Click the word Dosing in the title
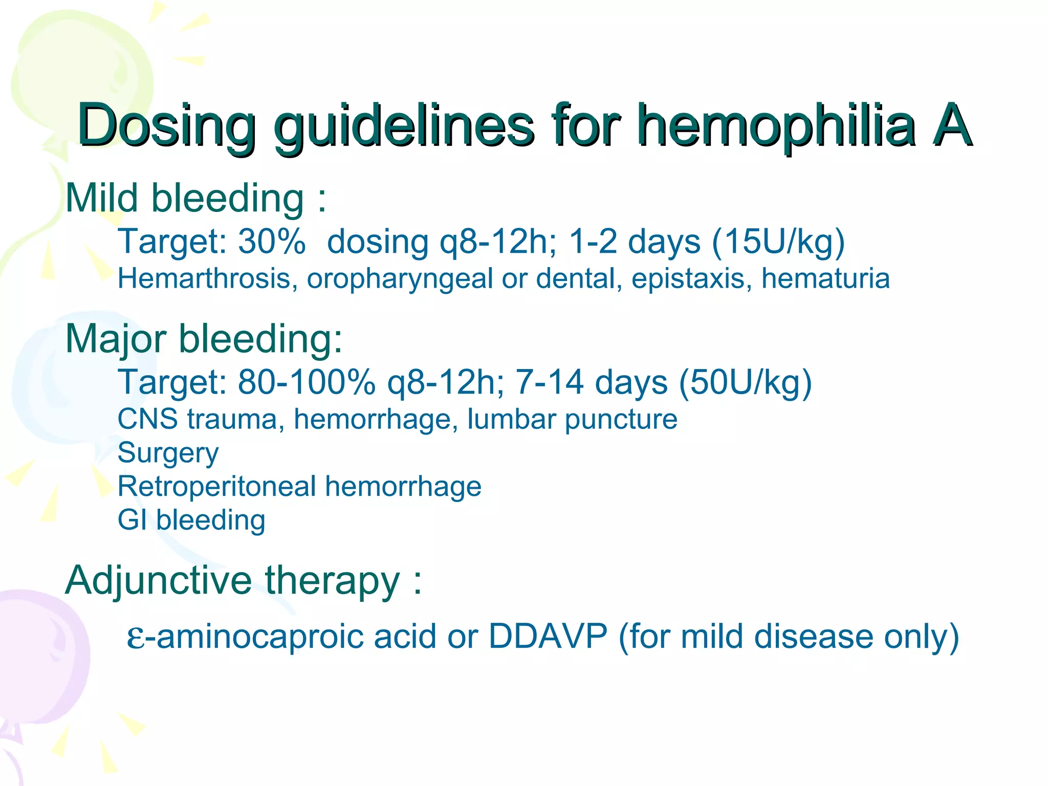pos(166,125)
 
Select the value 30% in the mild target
pos(272,241)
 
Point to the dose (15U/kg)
pos(778,241)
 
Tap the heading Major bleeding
pos(204,339)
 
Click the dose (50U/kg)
pos(745,382)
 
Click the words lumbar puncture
pos(572,419)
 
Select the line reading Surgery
pos(168,453)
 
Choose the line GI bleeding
pos(191,520)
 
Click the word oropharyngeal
pos(400,279)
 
